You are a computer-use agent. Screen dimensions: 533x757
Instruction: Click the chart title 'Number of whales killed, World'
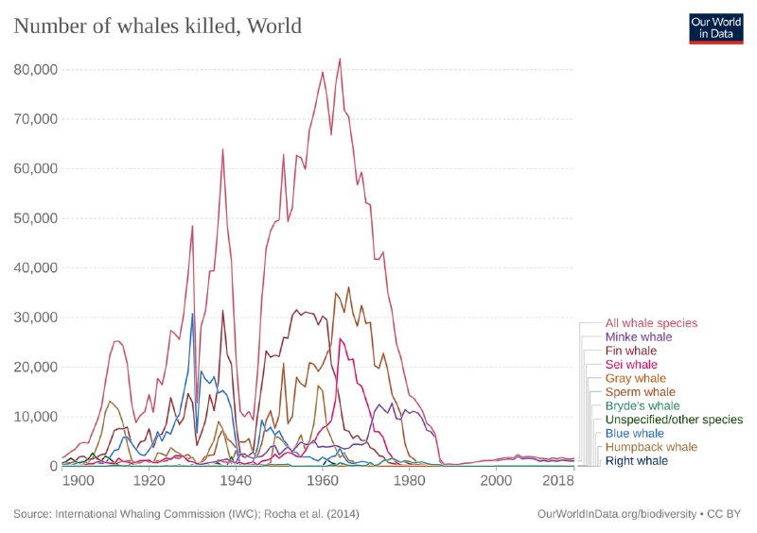click(x=157, y=26)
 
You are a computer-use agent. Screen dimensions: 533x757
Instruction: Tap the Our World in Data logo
click(x=716, y=27)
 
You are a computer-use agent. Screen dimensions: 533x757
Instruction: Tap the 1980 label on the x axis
click(x=409, y=480)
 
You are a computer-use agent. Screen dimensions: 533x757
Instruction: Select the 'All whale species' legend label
click(x=651, y=323)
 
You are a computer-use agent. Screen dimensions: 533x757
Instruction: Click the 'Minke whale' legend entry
click(x=639, y=336)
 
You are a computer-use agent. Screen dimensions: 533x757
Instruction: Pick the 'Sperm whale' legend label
click(x=641, y=391)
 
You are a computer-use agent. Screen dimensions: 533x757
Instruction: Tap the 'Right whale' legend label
click(x=637, y=460)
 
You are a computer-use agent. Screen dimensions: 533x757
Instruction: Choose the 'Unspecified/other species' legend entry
click(x=674, y=419)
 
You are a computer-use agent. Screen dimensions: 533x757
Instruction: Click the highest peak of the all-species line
click(x=339, y=60)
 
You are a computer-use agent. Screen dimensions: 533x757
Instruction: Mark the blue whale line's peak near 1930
click(x=192, y=314)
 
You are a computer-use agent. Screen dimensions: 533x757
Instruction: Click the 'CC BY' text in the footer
click(x=728, y=514)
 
